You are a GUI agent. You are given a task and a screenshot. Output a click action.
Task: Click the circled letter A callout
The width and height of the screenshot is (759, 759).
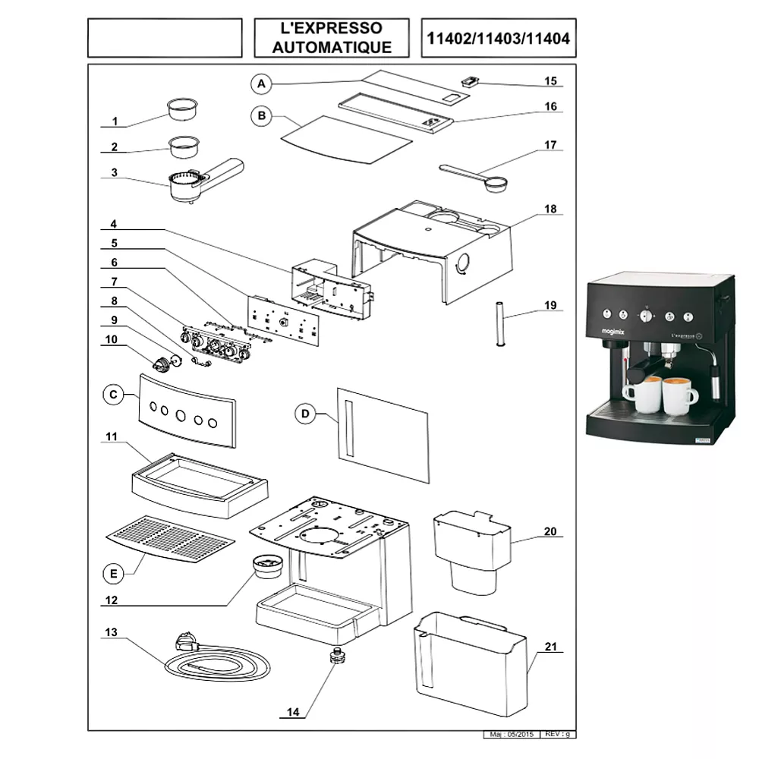[260, 82]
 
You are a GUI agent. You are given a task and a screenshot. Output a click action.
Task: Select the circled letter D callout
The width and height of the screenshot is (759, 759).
[304, 413]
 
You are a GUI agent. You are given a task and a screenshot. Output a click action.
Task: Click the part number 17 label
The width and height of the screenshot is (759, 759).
[550, 144]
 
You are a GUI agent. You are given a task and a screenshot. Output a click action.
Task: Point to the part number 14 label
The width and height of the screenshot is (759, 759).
[294, 712]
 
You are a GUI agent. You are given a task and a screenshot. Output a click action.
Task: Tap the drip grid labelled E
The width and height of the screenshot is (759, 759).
[169, 538]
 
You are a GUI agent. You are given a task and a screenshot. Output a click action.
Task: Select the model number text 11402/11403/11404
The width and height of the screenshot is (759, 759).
[499, 38]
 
